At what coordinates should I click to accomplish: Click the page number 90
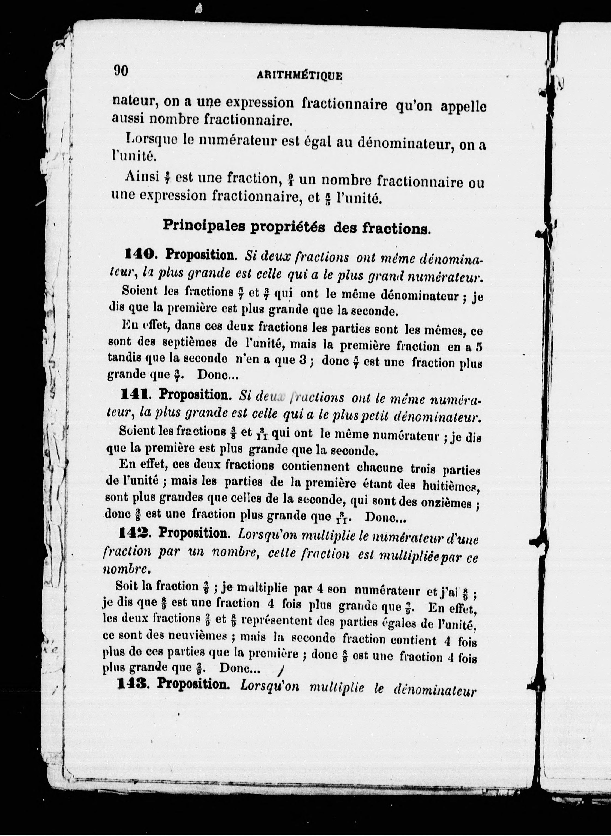click(x=121, y=70)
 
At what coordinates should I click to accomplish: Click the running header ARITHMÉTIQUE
click(x=299, y=76)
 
